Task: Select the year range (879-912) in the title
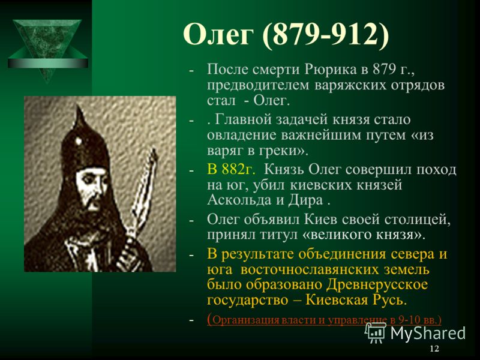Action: pos(326,35)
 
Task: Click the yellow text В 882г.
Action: pos(231,169)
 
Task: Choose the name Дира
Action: pos(305,200)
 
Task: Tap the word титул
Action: pos(278,235)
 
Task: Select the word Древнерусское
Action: pos(377,284)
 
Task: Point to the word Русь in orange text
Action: pos(389,300)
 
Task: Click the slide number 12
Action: pos(434,349)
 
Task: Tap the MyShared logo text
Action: pos(428,332)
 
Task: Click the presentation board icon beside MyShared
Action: pos(376,332)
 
